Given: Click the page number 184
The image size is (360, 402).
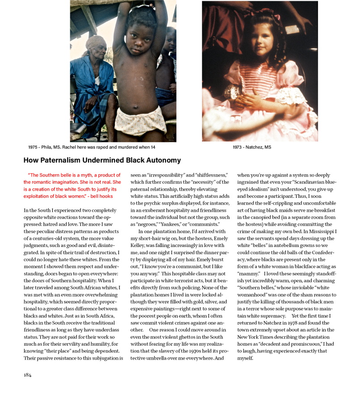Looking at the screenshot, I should tap(28, 375).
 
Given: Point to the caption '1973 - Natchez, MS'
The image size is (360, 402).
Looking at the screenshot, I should tap(252, 147).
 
